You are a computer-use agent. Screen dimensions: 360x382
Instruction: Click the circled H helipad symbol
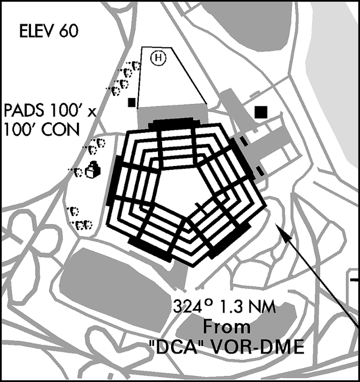pyautogui.click(x=158, y=58)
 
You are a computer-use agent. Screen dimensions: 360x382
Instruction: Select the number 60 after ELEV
pyautogui.click(x=69, y=31)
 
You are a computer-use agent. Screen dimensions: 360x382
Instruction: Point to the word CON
pyautogui.click(x=60, y=129)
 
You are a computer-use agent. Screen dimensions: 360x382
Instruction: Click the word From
pyautogui.click(x=226, y=327)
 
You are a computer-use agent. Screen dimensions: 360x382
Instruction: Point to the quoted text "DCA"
pyautogui.click(x=176, y=346)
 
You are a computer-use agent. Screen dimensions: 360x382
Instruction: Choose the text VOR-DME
pyautogui.click(x=256, y=346)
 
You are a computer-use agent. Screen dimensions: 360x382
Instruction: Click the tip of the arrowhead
pyautogui.click(x=276, y=223)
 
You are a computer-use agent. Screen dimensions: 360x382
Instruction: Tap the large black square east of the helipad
pyautogui.click(x=261, y=112)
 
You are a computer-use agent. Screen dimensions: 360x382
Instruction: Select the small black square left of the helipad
pyautogui.click(x=132, y=102)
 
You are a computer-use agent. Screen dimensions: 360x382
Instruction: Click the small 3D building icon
pyautogui.click(x=93, y=170)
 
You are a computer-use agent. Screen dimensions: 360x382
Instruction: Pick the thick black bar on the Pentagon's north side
pyautogui.click(x=174, y=124)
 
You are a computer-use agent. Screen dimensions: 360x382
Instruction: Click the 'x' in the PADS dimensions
pyautogui.click(x=91, y=112)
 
